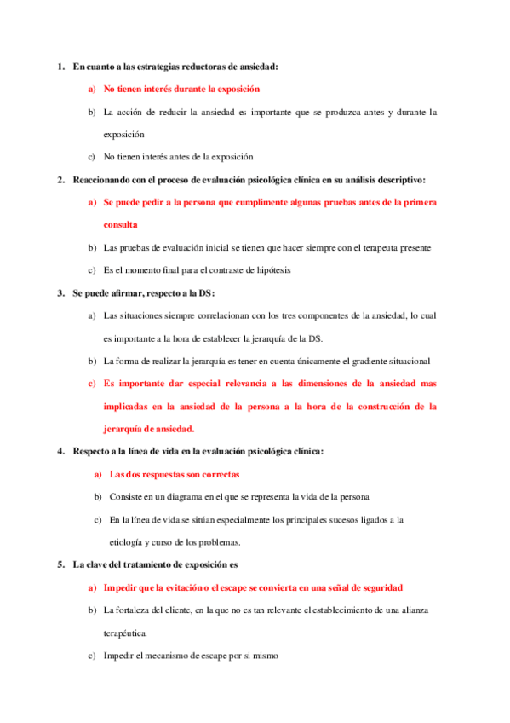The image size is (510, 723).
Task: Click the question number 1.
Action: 60,66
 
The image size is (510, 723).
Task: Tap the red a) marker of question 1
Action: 91,89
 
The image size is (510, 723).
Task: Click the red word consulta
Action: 120,225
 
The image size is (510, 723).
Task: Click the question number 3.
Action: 60,293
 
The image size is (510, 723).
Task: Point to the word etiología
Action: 129,542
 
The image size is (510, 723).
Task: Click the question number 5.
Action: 60,564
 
